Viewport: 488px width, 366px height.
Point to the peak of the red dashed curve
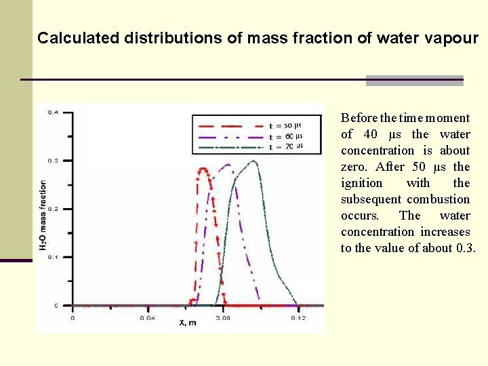[202, 169]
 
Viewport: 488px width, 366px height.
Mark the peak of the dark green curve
[253, 161]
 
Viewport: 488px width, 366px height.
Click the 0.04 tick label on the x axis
[147, 317]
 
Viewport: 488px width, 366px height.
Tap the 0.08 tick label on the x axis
[222, 317]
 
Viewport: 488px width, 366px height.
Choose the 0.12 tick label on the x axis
[297, 317]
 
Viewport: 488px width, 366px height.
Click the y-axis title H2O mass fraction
[43, 215]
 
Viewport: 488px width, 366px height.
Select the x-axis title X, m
[188, 323]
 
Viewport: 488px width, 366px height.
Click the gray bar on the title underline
[414, 81]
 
